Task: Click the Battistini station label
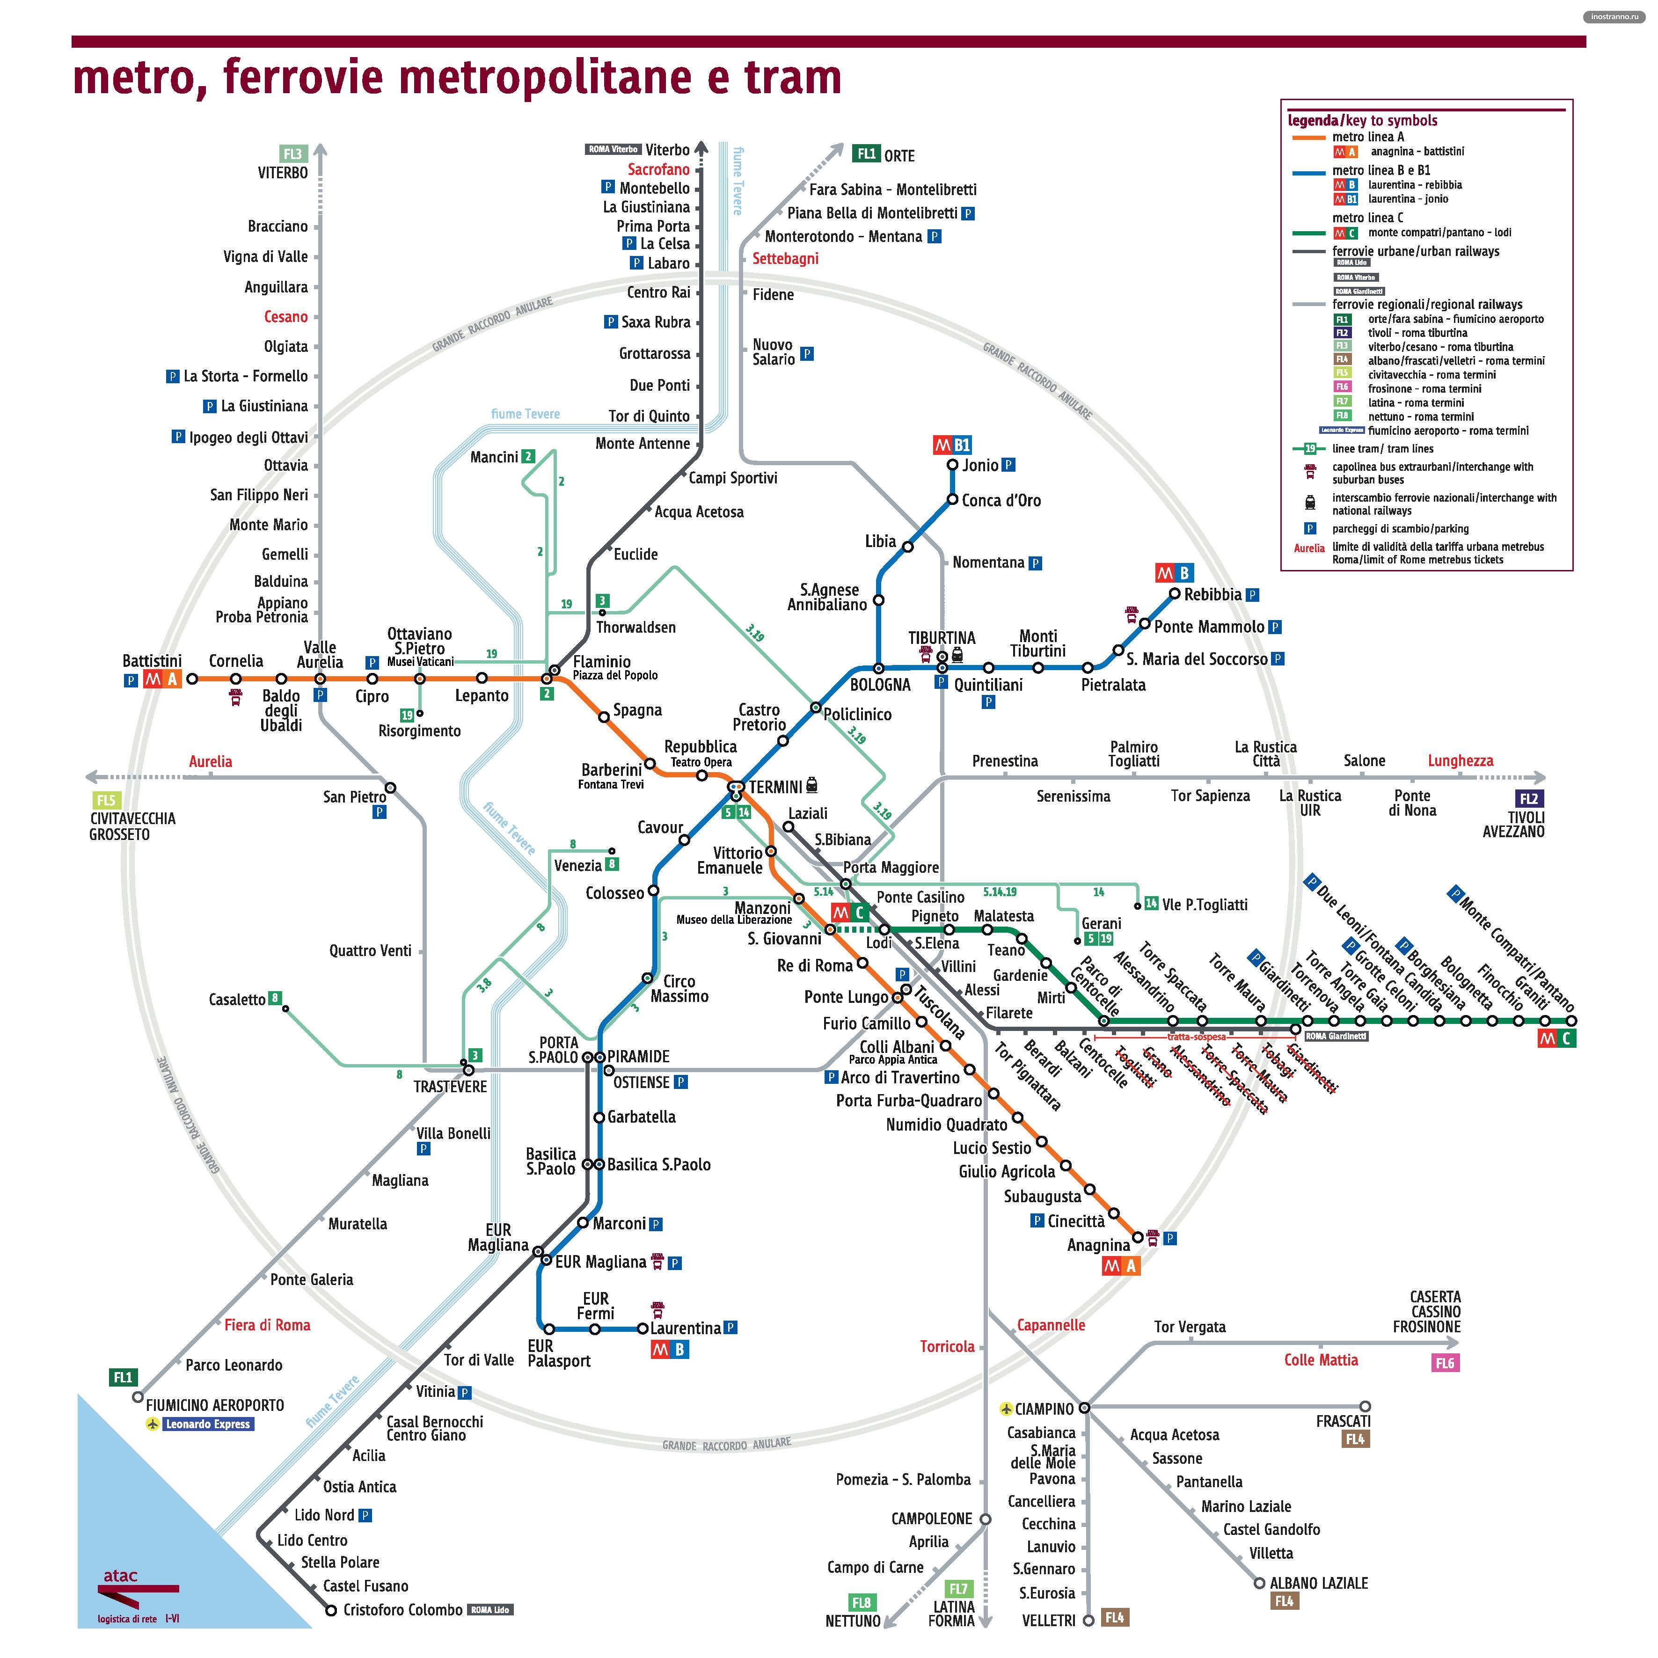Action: (152, 661)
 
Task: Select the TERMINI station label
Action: (775, 787)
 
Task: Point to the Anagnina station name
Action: (1098, 1245)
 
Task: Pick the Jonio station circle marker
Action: (952, 465)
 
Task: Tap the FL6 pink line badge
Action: (1445, 1363)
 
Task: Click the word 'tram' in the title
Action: (792, 77)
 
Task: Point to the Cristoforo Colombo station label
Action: (402, 1610)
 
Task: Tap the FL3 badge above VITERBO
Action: (292, 153)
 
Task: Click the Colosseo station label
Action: (614, 893)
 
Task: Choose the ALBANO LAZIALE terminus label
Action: (1319, 1583)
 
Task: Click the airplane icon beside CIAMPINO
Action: (1006, 1409)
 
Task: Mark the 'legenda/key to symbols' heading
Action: (1362, 121)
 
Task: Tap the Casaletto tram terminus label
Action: (237, 1000)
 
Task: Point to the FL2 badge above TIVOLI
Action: (1529, 799)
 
